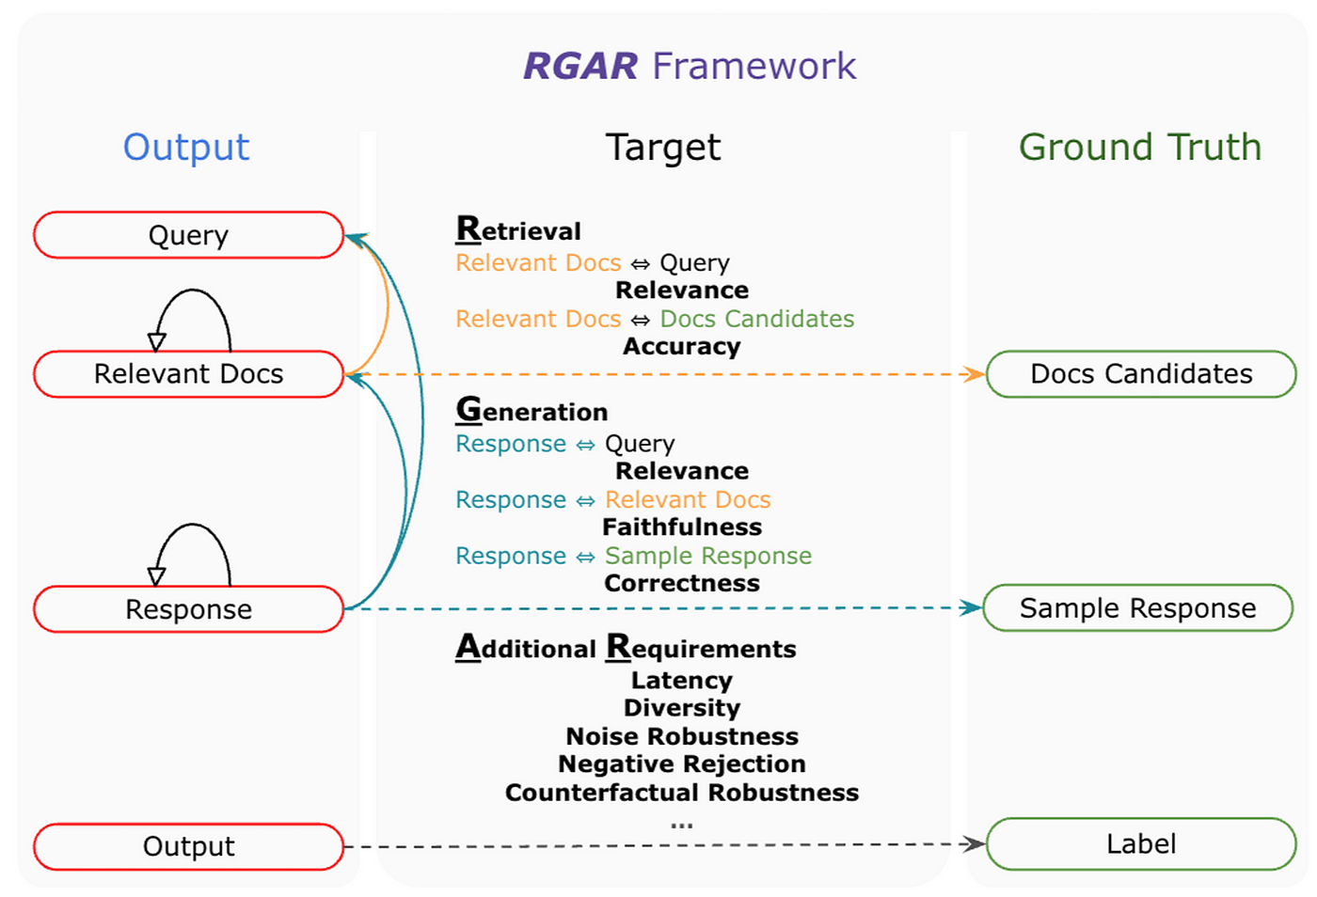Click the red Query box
(188, 235)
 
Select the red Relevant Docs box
(188, 374)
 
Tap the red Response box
(188, 609)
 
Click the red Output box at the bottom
(188, 846)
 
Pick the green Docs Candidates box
(1140, 374)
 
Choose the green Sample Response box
(1137, 608)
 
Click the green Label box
(1140, 843)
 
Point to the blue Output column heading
(186, 147)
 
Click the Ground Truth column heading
(1139, 147)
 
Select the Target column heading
(662, 147)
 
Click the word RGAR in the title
(580, 66)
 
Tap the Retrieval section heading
(518, 229)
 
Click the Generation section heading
(532, 410)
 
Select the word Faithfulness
(682, 527)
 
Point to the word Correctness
(682, 583)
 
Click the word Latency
(682, 680)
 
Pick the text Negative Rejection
(682, 763)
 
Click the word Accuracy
(682, 346)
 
